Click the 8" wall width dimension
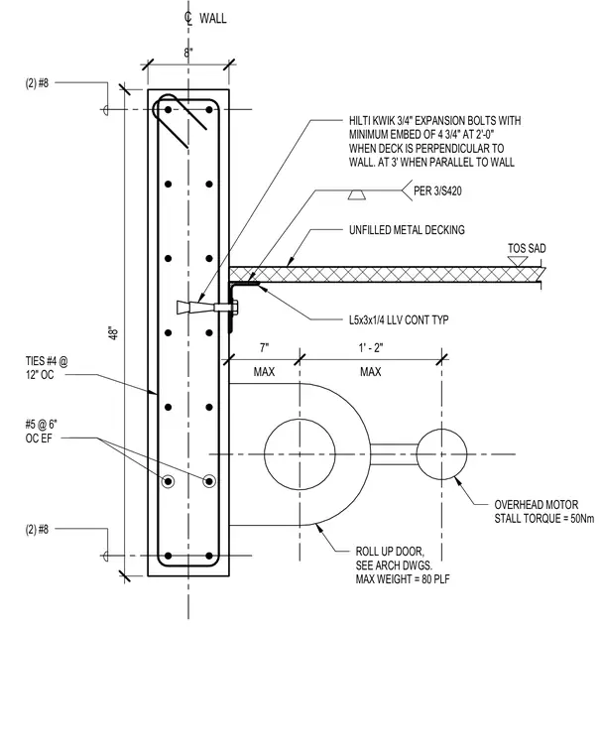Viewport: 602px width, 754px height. [x=188, y=53]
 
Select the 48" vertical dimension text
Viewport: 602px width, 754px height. [x=114, y=333]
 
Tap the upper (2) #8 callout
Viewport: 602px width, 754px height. [x=37, y=83]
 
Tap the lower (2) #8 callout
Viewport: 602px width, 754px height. [x=37, y=530]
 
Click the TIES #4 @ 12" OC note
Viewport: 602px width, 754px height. [x=47, y=368]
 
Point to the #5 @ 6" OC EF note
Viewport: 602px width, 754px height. [x=42, y=431]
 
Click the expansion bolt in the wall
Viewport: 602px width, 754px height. [x=207, y=308]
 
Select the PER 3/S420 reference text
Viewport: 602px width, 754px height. [x=437, y=191]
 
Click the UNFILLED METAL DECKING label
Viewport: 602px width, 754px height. [x=407, y=230]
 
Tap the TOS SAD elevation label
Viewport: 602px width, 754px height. [x=527, y=249]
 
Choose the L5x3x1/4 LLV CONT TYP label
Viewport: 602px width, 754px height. [x=399, y=319]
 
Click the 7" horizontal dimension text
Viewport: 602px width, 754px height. [x=265, y=347]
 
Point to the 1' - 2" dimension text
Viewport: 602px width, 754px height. [x=371, y=347]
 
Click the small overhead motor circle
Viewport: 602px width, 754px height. [x=441, y=454]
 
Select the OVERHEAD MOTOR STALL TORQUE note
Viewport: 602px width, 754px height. [x=543, y=512]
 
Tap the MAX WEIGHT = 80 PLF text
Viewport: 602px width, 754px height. [x=403, y=579]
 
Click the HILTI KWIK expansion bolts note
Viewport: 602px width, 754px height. [x=434, y=141]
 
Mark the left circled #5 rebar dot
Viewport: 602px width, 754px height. [x=168, y=481]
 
